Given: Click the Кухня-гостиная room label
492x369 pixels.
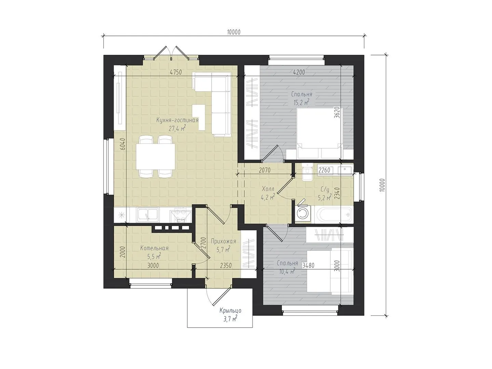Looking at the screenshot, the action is [177, 120].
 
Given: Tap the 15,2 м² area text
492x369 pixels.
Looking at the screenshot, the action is [301, 102].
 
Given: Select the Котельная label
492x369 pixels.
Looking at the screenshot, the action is [154, 248].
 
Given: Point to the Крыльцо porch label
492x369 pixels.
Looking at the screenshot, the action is [230, 311].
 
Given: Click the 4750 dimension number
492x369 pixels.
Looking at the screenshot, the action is [176, 72].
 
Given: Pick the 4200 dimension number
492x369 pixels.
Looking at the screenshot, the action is [299, 72].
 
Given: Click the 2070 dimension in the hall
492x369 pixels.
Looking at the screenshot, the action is [265, 170].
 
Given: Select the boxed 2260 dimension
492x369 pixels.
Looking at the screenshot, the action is [324, 170].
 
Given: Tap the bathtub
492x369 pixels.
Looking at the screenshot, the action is [333, 215].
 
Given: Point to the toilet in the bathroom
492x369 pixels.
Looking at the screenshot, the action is [306, 172].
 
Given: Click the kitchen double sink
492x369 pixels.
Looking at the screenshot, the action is [148, 215].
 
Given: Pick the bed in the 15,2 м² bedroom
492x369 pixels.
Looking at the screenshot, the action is [320, 134].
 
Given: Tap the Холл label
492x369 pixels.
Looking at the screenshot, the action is [268, 189].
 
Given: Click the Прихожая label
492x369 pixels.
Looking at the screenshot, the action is [223, 241].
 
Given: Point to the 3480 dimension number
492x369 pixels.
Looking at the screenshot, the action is [309, 266].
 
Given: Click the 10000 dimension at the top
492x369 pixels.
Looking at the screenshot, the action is [234, 32].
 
